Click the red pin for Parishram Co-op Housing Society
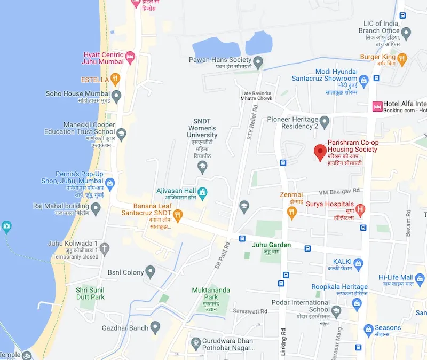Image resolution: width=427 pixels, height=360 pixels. point(320,152)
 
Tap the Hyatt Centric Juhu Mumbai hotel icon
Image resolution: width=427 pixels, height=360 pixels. point(130,56)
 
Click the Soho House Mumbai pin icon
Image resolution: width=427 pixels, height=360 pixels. point(116,96)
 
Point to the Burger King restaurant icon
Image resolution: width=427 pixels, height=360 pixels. point(402,58)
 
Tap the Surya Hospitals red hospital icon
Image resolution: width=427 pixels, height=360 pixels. point(361,209)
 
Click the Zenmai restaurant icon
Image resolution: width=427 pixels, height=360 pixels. point(291,212)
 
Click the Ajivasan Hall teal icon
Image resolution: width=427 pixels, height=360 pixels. point(202,192)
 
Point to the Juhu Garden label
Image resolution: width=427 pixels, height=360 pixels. point(272,245)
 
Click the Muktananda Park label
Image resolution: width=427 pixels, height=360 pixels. point(211,293)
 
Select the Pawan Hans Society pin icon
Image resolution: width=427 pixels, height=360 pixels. point(259,64)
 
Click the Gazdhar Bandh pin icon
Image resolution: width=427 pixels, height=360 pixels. point(156,326)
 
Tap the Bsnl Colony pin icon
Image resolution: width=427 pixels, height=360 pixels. point(151,272)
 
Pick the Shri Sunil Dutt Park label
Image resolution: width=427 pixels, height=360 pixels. point(90,293)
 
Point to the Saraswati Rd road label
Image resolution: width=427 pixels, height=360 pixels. point(250,310)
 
